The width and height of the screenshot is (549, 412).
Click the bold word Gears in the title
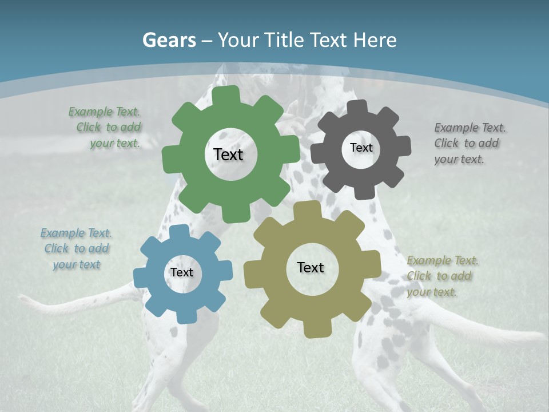[169, 40]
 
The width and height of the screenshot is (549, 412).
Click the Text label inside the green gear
[228, 154]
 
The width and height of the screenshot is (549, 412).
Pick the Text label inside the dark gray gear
[361, 148]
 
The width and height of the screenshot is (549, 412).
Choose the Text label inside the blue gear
[182, 273]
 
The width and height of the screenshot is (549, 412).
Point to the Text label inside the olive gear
[311, 268]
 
